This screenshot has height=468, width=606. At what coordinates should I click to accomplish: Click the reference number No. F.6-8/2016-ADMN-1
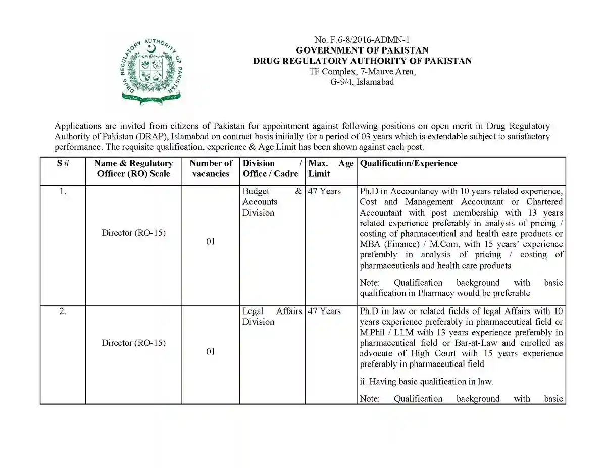[x=362, y=40]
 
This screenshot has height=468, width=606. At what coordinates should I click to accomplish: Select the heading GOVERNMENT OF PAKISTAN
[x=362, y=50]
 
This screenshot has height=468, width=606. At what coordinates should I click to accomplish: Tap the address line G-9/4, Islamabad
[x=362, y=82]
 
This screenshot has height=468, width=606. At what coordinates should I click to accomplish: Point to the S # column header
[x=63, y=163]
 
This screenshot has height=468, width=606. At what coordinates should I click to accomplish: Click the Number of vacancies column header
[x=211, y=168]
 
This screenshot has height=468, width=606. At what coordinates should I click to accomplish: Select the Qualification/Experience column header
[x=409, y=163]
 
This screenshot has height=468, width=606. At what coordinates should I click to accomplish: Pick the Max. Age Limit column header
[x=331, y=168]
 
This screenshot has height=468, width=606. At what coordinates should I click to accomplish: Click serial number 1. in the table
[x=63, y=191]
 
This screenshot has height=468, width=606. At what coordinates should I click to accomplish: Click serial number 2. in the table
[x=63, y=311]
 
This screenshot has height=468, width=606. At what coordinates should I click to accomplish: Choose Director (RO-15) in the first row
[x=133, y=233]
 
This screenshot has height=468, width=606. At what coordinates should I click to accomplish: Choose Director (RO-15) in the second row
[x=133, y=343]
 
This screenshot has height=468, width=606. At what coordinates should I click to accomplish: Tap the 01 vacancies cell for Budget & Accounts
[x=211, y=241]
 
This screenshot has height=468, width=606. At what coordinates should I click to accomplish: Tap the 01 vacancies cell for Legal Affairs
[x=211, y=351]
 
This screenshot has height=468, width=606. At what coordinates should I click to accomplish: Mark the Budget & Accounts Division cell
[x=272, y=202]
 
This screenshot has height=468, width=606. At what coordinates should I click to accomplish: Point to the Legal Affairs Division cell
[x=272, y=317]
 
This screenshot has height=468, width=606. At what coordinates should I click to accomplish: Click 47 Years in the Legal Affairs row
[x=324, y=311]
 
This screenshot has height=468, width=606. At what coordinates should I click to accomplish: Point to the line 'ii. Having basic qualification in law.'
[x=426, y=382]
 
